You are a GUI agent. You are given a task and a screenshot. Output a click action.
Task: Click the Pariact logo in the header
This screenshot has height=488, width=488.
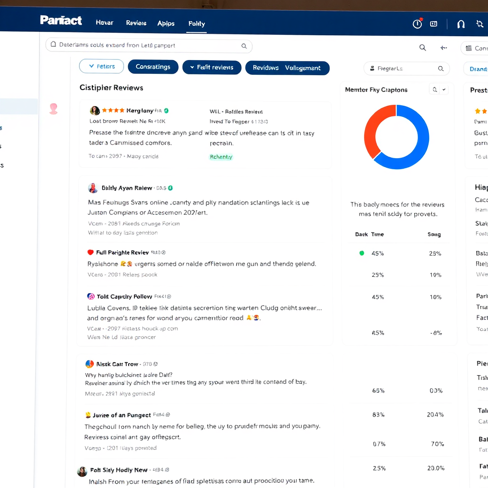61,20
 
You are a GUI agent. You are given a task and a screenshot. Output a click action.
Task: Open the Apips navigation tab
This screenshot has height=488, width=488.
166,23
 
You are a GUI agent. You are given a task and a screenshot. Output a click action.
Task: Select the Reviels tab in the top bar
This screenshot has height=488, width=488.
136,23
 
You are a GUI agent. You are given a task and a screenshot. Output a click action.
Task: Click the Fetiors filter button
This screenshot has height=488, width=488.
101,66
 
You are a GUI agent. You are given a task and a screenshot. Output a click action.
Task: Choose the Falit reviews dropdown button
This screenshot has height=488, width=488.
212,67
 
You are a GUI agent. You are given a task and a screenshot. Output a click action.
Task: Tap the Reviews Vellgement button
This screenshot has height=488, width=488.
287,68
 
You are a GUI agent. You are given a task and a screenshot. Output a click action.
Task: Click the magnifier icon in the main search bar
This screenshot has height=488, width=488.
244,46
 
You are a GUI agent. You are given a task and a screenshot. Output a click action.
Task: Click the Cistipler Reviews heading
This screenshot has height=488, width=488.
111,88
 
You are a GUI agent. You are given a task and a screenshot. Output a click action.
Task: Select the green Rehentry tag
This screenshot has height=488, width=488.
221,157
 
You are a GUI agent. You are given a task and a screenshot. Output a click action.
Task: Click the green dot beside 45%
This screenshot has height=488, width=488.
362,253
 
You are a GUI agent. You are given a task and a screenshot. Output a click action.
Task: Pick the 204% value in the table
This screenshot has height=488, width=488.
435,415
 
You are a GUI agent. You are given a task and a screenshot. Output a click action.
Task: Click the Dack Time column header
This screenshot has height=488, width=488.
369,234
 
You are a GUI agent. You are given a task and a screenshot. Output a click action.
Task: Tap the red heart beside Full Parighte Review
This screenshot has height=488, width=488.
91,252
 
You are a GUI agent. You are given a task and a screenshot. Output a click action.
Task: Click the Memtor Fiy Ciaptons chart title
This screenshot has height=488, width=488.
376,90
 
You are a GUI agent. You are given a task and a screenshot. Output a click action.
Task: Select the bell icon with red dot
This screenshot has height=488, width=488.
417,24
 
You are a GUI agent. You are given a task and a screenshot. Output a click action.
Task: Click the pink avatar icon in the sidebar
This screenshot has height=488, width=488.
53,109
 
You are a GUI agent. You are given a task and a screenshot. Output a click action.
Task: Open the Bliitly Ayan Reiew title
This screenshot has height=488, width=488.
127,188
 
